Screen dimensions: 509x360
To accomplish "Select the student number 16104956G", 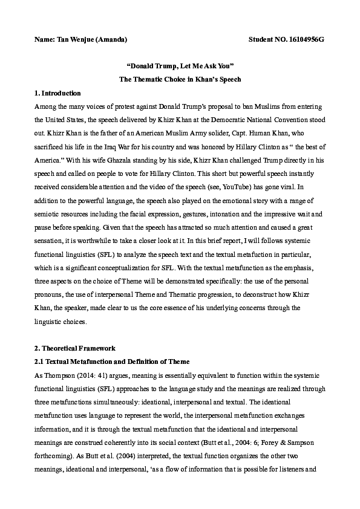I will click(305, 39).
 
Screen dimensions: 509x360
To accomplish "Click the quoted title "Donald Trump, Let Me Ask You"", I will click(180, 66).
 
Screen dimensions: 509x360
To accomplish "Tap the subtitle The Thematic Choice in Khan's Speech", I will click(180, 80).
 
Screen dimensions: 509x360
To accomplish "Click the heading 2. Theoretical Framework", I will click(73, 349).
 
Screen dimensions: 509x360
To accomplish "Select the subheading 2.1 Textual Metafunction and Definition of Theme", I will click(112, 361).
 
